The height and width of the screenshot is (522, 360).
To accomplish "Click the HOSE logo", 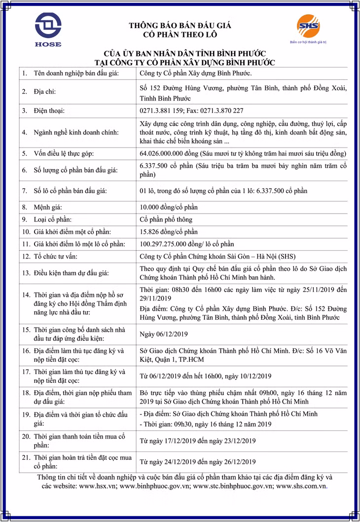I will pos(48,29).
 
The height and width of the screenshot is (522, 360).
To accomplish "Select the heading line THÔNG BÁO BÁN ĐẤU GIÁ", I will pos(180,26).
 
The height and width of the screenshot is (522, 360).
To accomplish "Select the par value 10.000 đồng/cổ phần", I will pos(169,207).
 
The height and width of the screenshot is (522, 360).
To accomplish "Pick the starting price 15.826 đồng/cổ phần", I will pos(169,231).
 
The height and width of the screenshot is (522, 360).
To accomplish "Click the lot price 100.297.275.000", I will pos(167,244).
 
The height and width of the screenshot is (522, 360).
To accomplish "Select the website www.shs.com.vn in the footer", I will pos(301,486).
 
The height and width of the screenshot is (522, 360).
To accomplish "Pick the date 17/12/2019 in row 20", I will pos(181,440).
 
